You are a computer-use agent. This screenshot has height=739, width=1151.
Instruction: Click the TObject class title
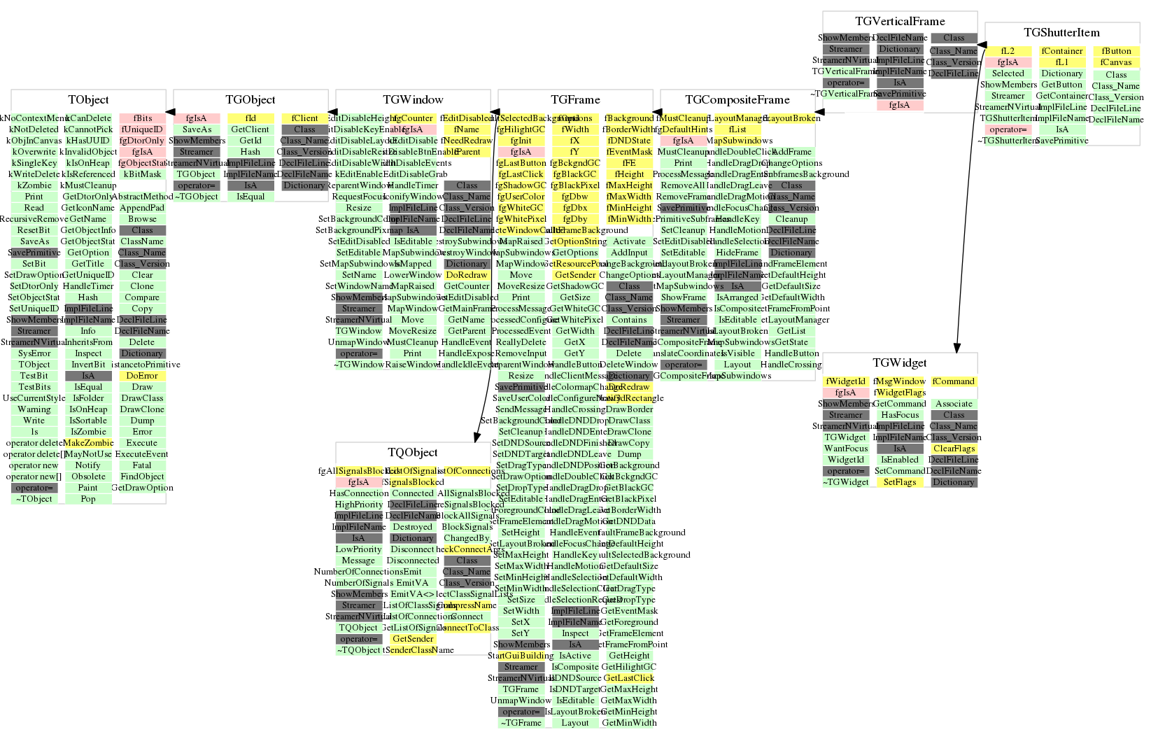coord(88,100)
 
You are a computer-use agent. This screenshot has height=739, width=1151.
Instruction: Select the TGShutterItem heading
coord(1061,33)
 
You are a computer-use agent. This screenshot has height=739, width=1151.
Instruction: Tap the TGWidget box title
coord(899,363)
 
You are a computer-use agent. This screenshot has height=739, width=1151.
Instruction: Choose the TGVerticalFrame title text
coord(899,22)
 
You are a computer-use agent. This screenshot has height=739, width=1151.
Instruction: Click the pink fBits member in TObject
coord(143,118)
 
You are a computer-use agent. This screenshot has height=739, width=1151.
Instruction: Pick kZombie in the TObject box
coord(34,185)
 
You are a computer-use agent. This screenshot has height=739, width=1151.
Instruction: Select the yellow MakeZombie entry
coord(88,443)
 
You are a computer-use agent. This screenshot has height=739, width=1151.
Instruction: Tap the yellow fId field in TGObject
coord(250,118)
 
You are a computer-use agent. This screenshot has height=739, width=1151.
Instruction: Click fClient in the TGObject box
coord(304,118)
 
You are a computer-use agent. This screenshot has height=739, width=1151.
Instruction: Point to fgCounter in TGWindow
coord(413,118)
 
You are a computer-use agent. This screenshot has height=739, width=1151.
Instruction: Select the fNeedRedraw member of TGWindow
coord(467,141)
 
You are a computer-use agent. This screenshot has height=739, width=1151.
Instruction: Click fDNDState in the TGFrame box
coord(629,141)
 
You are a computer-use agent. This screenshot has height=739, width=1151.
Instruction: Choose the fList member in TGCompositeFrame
coord(737,129)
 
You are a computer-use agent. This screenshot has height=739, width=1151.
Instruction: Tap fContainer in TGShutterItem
coord(1061,51)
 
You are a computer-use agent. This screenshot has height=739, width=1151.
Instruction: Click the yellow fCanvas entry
coord(1115,62)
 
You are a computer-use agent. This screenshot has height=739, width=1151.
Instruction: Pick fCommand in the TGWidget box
coord(953,381)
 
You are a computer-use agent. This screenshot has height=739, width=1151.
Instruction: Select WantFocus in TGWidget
coord(845,449)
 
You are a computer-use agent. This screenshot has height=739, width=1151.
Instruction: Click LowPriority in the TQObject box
coord(358,549)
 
